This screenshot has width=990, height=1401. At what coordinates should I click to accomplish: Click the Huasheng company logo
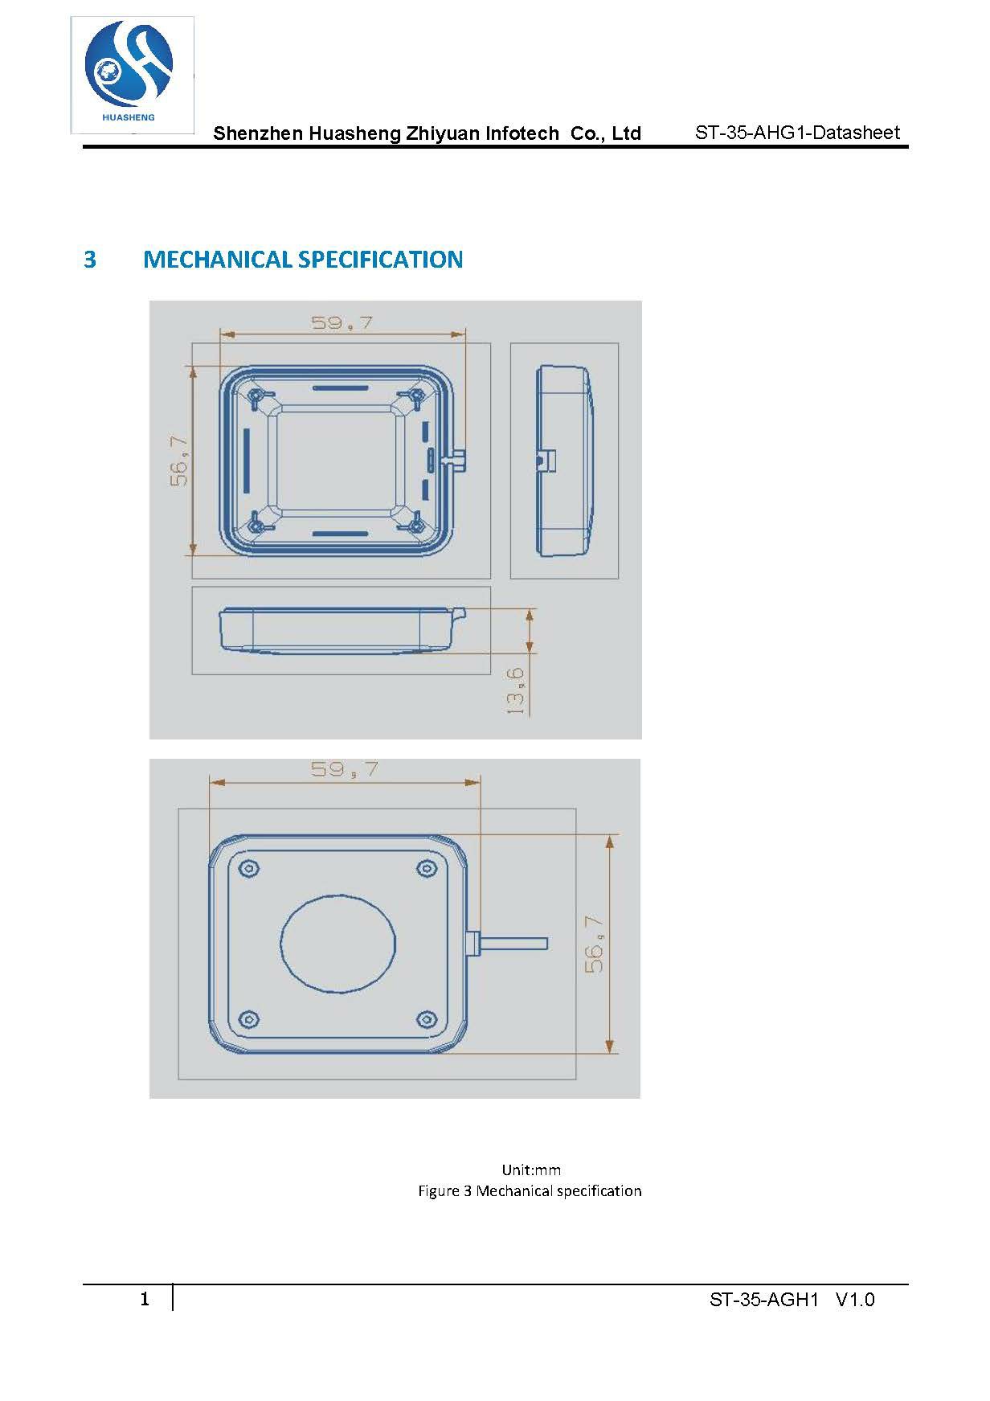pos(133,74)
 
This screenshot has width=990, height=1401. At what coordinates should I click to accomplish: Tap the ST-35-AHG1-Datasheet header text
pos(797,133)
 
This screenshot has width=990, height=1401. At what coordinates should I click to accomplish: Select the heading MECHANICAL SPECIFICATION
pos(303,259)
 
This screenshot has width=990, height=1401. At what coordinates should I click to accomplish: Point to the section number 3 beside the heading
pos(90,260)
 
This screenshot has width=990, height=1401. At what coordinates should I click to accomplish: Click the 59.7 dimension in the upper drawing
pos(342,322)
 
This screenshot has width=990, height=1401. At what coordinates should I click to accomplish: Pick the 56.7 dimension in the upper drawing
pos(179,461)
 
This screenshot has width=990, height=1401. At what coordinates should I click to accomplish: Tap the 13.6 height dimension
pos(515,690)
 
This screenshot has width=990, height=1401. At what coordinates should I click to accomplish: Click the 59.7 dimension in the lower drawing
pos(345,769)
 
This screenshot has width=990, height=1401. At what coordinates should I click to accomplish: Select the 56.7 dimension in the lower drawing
pos(595,944)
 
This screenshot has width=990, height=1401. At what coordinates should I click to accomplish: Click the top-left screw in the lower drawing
pos(250,869)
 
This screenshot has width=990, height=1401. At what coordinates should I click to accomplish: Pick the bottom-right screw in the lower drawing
pos(426,1020)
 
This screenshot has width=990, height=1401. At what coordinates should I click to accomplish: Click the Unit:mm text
pos(531,1170)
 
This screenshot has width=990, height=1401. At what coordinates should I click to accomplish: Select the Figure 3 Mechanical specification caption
pos(530,1190)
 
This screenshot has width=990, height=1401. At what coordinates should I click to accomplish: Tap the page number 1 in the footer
pos(145,1299)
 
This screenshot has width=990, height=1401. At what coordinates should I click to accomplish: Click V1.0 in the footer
pos(855,1300)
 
